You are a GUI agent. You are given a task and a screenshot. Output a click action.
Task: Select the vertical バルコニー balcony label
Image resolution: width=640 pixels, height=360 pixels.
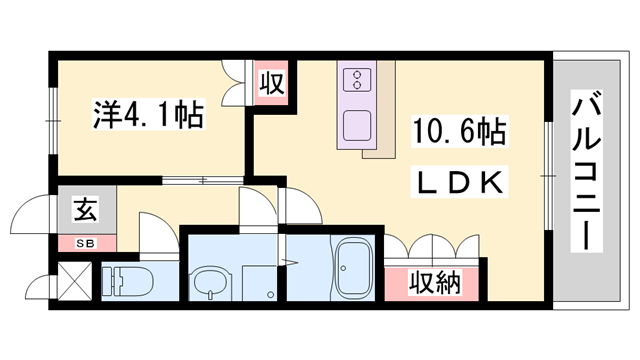[x=588, y=170]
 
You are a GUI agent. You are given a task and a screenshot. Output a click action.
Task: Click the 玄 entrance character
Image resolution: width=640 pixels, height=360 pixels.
[x=84, y=210]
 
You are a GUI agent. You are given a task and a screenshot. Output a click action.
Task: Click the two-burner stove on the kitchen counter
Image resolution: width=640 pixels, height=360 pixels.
[x=356, y=80]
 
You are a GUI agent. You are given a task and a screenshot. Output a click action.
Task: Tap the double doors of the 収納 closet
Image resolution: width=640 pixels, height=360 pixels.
[x=433, y=246]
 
